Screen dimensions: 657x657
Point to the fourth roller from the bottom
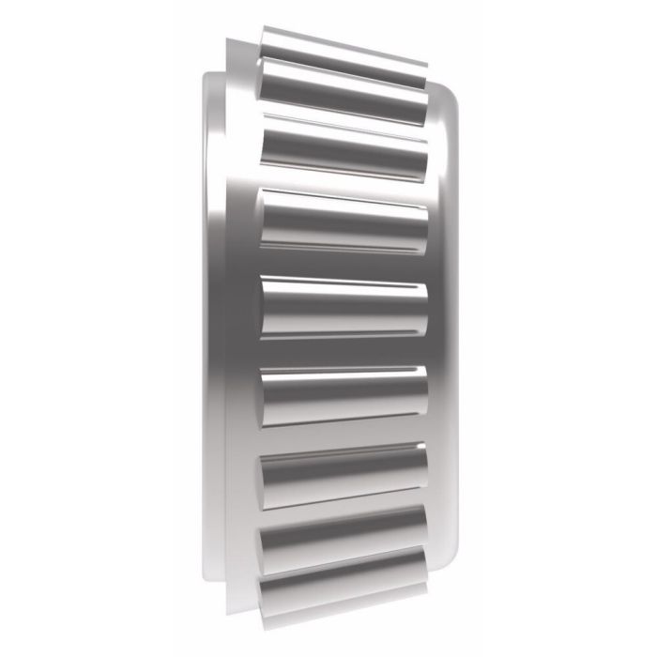pyautogui.click(x=344, y=391)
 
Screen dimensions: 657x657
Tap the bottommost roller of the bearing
pyautogui.click(x=344, y=582)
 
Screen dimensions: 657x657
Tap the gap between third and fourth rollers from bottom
pyautogui.click(x=344, y=434)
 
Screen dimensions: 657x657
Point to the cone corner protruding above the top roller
pyautogui.click(x=238, y=41)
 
